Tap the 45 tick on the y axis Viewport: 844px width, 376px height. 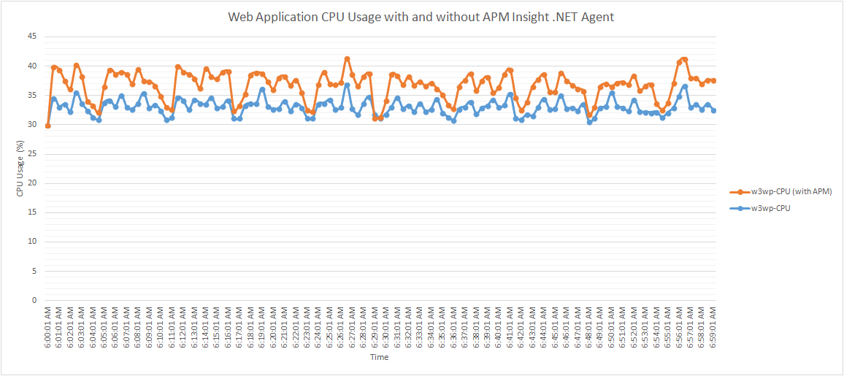(x=32, y=37)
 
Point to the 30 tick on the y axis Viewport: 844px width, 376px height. (x=32, y=124)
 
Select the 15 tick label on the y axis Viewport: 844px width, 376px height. (x=32, y=212)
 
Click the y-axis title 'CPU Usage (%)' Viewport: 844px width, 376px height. (x=20, y=169)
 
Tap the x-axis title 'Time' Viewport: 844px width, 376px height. (x=379, y=358)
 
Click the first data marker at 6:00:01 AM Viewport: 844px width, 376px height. (x=48, y=126)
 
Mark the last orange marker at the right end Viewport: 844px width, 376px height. (x=713, y=80)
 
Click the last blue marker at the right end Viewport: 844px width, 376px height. (x=713, y=110)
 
